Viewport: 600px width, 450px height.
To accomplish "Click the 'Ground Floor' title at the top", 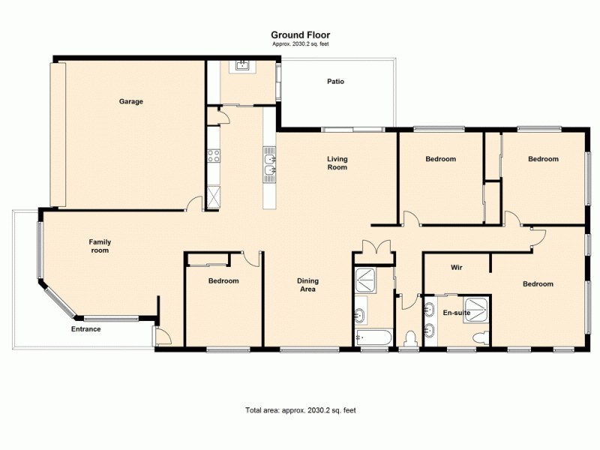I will click(x=300, y=34).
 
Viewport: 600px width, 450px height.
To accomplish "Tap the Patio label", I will click(x=335, y=82).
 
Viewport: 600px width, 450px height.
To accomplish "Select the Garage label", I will click(x=130, y=101).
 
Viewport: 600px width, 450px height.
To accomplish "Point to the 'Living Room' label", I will click(x=337, y=163).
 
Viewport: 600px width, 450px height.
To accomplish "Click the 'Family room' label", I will click(x=100, y=245).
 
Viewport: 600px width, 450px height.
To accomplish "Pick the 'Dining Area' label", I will click(x=307, y=284).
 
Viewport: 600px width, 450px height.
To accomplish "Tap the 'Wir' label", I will click(x=455, y=267).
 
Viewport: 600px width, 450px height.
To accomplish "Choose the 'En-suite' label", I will click(x=456, y=312).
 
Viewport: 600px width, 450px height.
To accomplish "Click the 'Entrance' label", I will click(x=85, y=328).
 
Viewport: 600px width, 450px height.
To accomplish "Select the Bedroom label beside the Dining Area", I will click(x=223, y=280).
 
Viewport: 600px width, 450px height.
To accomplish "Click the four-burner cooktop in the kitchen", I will click(x=213, y=156).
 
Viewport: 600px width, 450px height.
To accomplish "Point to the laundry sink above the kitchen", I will click(x=241, y=65).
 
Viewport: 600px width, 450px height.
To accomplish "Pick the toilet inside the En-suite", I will click(x=478, y=339).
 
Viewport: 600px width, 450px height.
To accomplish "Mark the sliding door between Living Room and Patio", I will click(x=353, y=130).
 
